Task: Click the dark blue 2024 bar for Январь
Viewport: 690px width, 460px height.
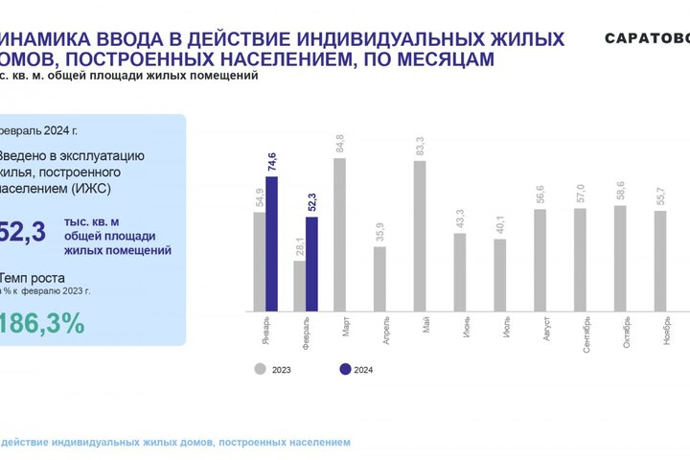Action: click(271, 243)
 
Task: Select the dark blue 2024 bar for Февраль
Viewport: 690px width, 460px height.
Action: click(311, 264)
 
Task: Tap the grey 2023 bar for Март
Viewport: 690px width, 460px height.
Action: click(339, 234)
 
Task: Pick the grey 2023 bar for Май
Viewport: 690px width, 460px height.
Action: click(420, 236)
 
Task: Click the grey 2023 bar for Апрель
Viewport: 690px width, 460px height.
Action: click(379, 278)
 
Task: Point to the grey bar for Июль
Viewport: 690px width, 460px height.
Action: click(500, 274)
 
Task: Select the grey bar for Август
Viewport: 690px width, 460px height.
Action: click(540, 259)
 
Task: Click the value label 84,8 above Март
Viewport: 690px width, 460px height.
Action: click(340, 145)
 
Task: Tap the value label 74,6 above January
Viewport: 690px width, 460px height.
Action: click(272, 162)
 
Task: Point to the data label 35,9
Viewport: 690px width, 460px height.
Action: click(380, 233)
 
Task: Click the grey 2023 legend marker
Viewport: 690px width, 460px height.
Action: click(260, 368)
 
